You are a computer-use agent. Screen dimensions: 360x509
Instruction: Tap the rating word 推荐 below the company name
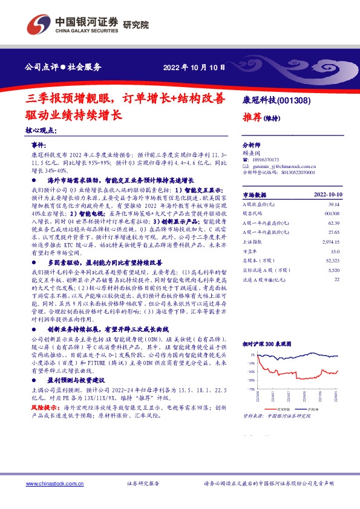click(252, 117)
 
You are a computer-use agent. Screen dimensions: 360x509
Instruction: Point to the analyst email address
click(285, 166)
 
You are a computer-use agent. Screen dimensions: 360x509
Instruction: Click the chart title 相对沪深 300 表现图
click(266, 343)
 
